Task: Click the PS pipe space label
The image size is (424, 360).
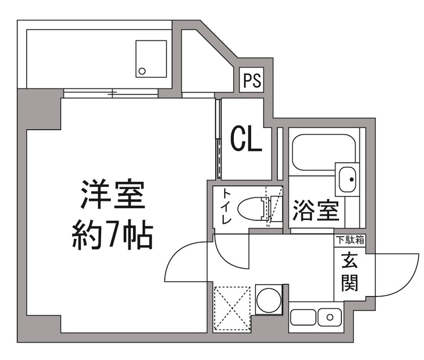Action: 252,81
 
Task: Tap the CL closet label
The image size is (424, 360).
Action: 246,139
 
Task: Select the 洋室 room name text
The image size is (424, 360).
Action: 112,196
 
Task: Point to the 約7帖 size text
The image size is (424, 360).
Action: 112,235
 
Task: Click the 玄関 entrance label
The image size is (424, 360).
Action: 349,273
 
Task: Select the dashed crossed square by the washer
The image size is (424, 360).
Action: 232,308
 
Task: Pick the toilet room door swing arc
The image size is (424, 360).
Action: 233,254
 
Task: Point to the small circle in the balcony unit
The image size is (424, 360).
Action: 142,70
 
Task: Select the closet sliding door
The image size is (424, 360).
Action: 218,139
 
